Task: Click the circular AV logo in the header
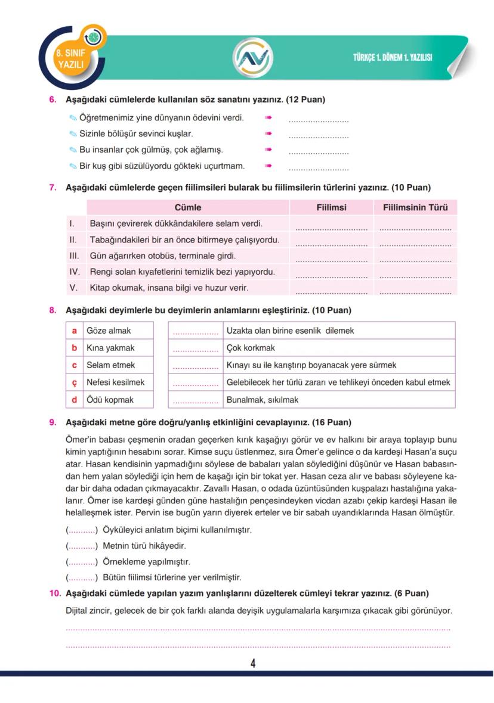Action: point(252,57)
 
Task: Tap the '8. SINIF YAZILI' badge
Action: point(70,58)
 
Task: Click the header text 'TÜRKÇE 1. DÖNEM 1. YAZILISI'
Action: point(392,58)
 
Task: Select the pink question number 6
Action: point(53,100)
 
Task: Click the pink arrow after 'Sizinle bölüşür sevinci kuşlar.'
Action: point(268,134)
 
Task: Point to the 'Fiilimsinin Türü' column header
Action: point(415,207)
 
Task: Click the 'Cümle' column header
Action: point(188,207)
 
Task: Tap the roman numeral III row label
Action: point(75,256)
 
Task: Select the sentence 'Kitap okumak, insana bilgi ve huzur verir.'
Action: point(169,288)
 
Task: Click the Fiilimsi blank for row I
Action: point(331,227)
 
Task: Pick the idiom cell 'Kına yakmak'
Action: point(110,348)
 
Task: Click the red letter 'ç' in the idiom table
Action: point(75,382)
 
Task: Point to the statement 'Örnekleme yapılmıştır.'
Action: point(146,562)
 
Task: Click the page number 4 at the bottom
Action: point(253,664)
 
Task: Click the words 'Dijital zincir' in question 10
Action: point(89,611)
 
